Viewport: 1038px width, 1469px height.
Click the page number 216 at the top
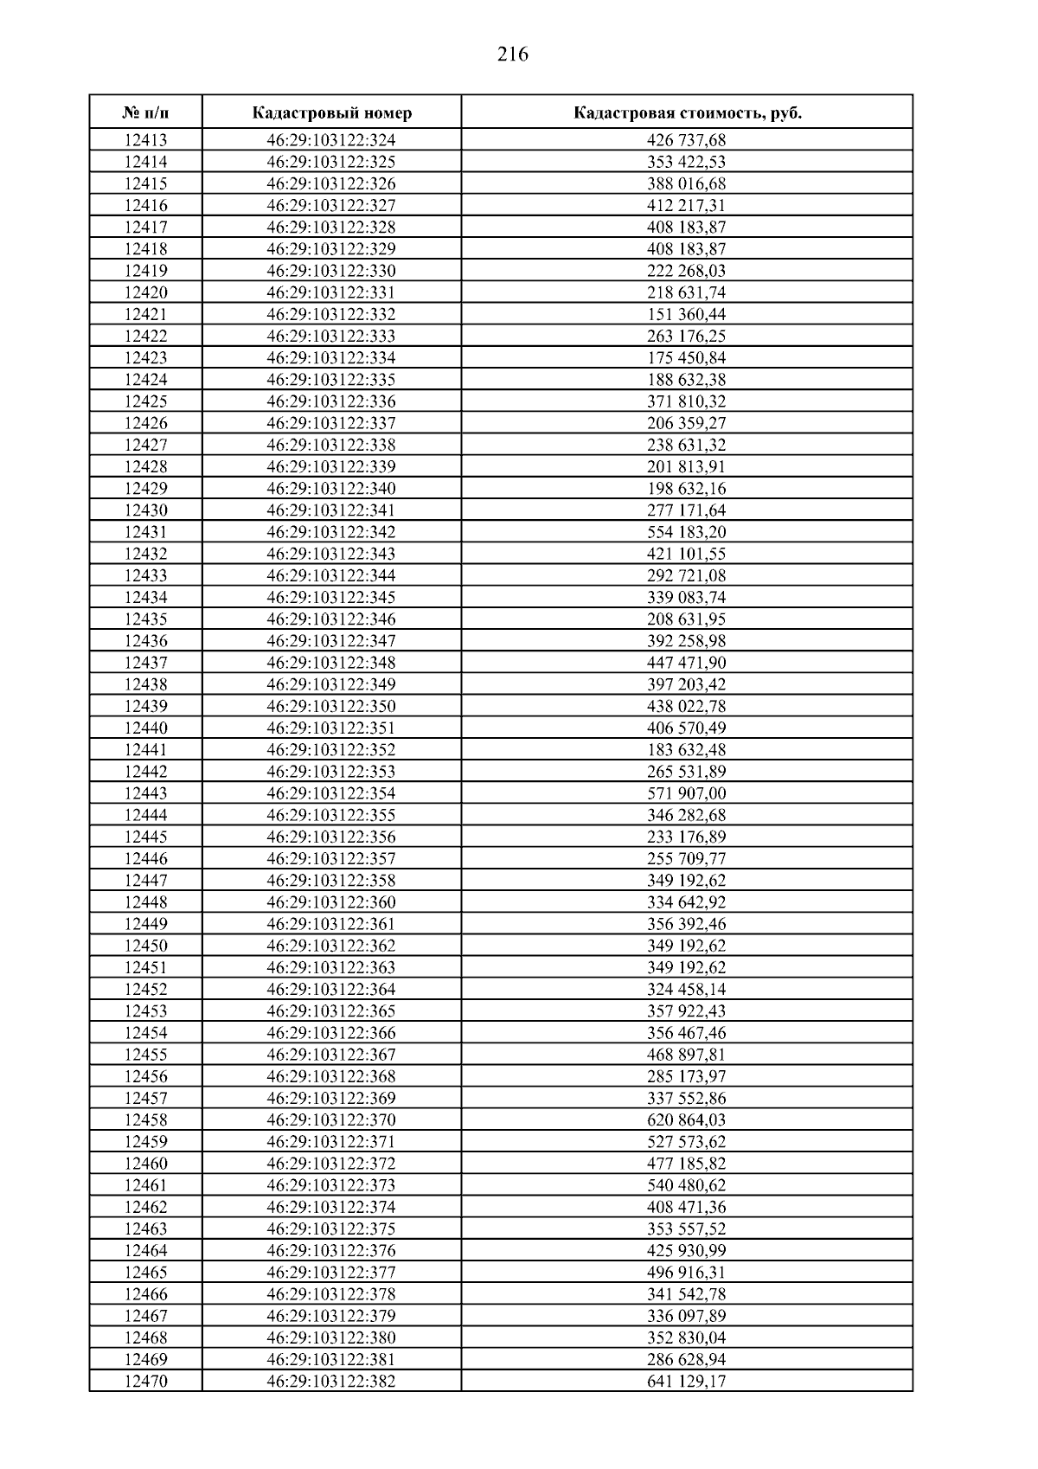513,55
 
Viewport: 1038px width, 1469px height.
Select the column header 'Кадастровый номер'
332,113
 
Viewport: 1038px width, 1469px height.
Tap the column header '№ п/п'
145,113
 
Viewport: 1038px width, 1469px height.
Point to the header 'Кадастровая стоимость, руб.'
687,113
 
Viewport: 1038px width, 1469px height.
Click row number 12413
145,140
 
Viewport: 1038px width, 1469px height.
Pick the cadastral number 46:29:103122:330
331,271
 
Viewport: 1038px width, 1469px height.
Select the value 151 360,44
687,314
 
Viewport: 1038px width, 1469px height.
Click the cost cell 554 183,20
687,532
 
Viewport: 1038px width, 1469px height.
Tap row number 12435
145,619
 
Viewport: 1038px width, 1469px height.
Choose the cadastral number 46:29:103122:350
331,706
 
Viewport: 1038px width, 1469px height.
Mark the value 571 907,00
687,793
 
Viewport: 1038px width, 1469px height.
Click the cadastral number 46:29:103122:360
331,902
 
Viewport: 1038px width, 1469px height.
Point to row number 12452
145,990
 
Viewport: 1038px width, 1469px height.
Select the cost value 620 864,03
687,1120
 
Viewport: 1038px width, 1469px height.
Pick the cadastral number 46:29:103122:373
331,1185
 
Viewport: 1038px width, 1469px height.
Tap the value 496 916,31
687,1273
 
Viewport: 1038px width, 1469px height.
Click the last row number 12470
145,1382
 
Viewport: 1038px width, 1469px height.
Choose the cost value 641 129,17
687,1382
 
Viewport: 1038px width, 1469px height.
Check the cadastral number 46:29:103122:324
331,140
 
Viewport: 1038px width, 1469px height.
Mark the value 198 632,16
687,489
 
